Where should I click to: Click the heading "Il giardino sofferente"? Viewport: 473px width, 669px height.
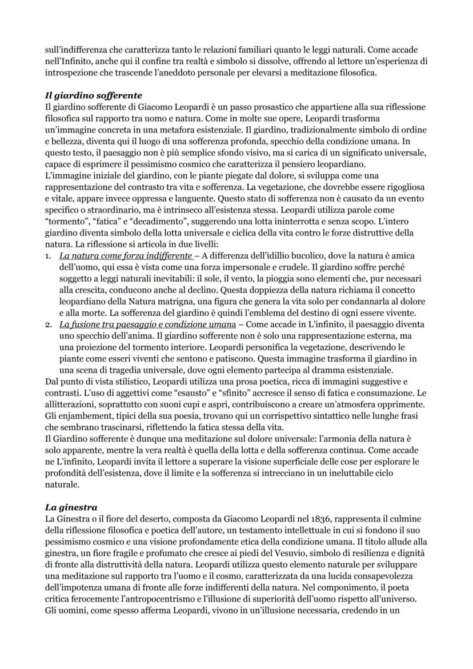[x=93, y=95]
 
